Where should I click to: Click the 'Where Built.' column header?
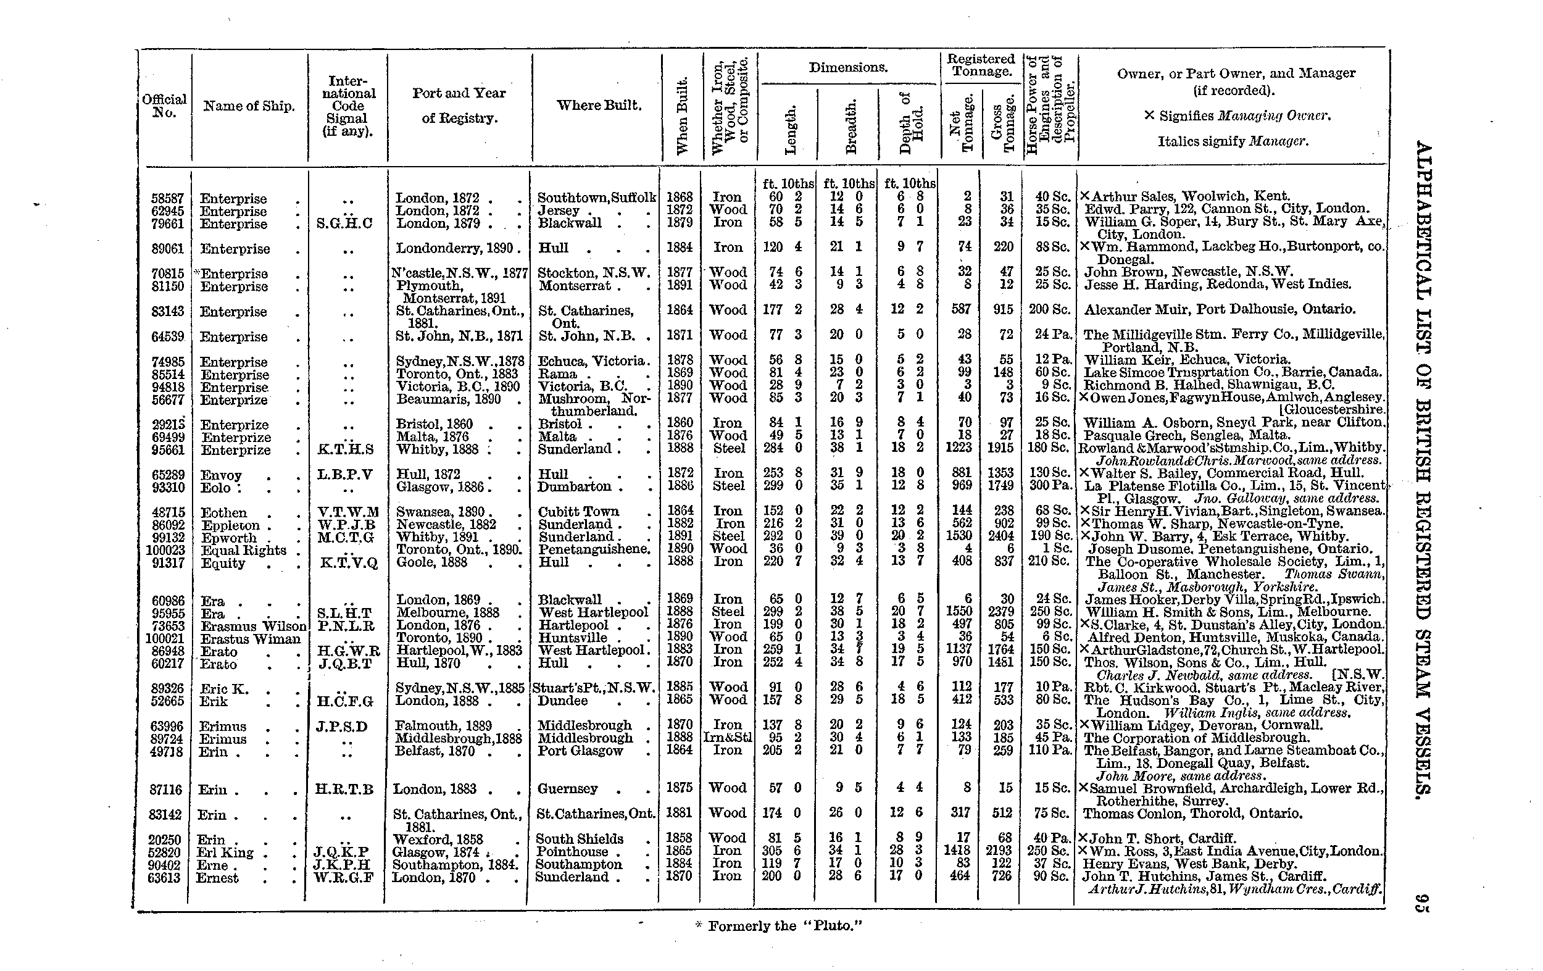click(599, 106)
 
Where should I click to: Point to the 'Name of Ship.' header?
click(249, 106)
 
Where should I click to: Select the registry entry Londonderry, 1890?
click(458, 249)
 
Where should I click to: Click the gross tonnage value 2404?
click(1000, 536)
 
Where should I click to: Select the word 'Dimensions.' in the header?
click(848, 67)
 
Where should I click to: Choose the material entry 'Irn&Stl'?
click(728, 738)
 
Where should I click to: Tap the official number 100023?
click(165, 551)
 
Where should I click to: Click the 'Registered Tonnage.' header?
click(981, 65)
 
